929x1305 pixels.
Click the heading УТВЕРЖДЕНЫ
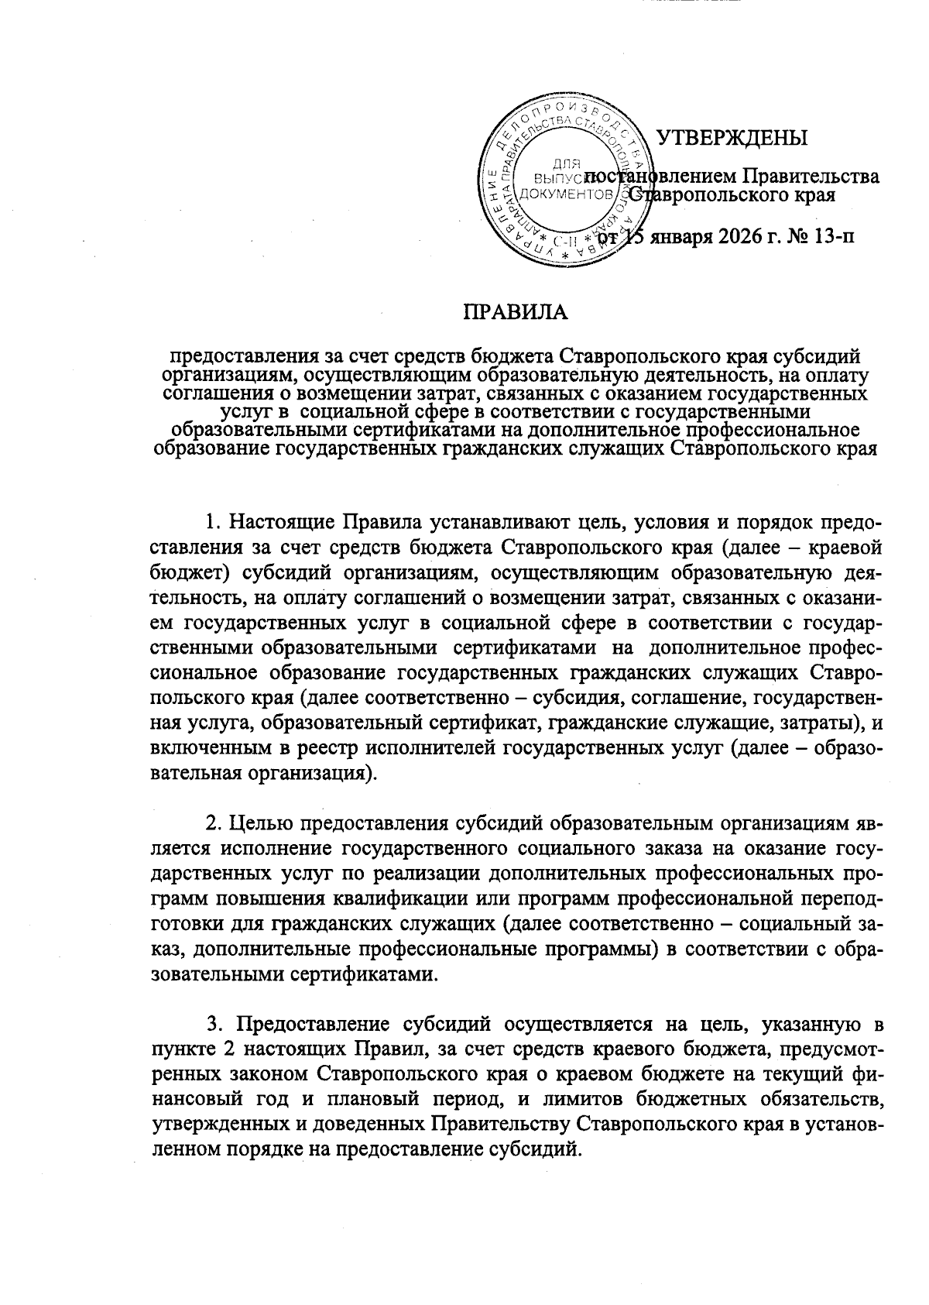click(732, 138)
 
